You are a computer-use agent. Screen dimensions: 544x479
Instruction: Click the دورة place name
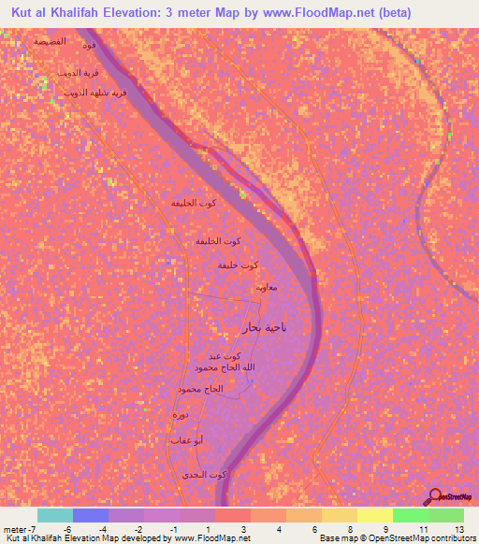[181, 414]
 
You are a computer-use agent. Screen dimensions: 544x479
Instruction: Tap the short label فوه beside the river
[89, 45]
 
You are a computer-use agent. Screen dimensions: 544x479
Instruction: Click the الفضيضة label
[49, 42]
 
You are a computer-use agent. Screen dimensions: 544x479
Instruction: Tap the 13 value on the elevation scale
[457, 530]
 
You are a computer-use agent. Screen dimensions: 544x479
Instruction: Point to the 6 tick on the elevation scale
[315, 530]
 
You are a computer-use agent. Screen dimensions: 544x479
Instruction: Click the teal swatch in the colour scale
[54, 516]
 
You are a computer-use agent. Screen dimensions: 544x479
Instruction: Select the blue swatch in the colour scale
[90, 516]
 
